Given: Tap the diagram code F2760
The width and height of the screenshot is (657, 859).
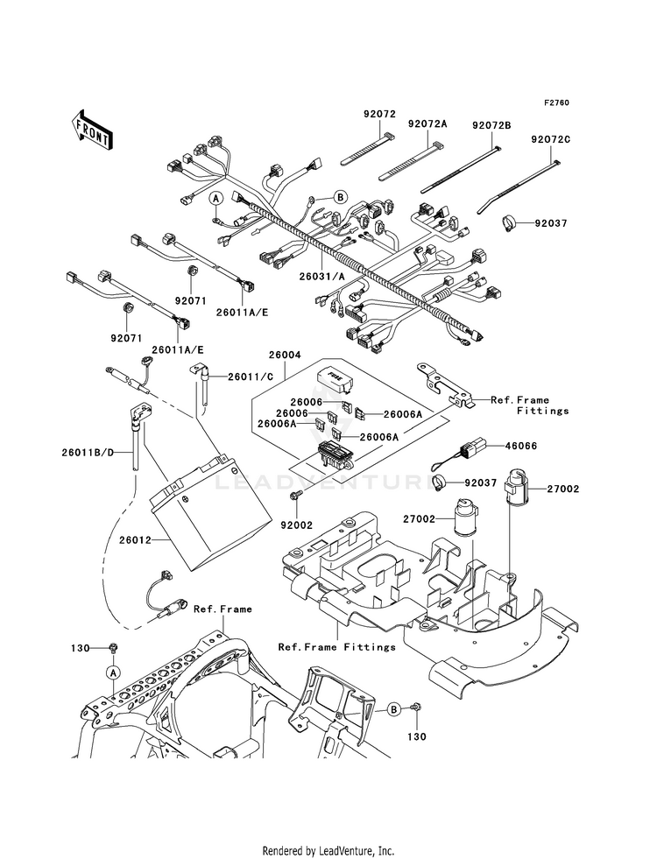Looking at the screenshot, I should pos(556,103).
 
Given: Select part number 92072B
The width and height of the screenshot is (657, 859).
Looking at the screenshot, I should pos(491,125).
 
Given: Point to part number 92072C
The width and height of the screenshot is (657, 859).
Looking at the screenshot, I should pos(549,139).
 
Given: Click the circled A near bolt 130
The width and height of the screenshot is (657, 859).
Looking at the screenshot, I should pos(112,672).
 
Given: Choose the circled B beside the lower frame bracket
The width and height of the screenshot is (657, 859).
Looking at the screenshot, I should pos(393,708).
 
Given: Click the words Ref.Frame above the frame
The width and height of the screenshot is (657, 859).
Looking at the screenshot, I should pos(223,609).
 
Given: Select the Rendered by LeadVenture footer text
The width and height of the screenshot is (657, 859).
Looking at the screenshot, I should pos(328,850).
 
